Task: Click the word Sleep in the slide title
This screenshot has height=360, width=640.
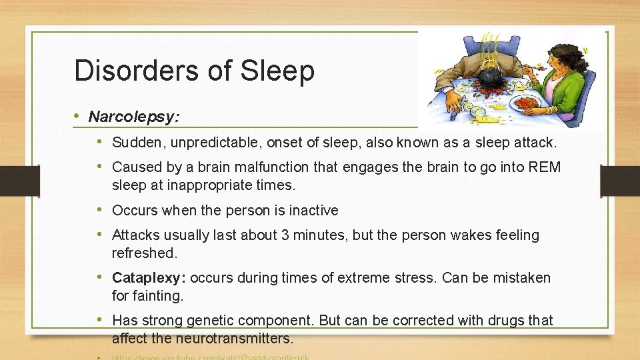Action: [281, 71]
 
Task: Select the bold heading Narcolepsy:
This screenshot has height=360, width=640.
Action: [133, 117]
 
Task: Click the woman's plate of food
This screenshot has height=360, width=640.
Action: [527, 103]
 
